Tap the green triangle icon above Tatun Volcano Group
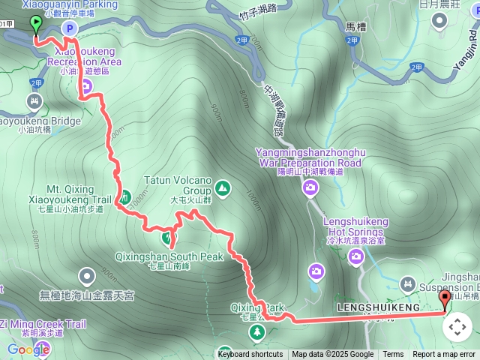point(222,187)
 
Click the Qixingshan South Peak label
point(169,256)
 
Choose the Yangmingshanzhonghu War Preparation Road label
point(308,158)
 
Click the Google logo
point(28,349)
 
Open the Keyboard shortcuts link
point(250,355)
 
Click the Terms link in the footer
point(393,355)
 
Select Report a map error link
point(444,355)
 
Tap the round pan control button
point(457,327)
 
